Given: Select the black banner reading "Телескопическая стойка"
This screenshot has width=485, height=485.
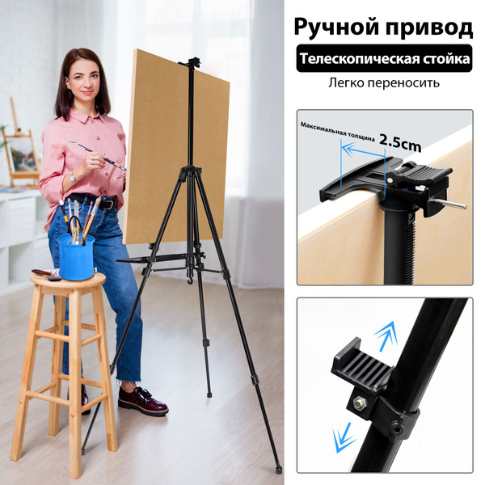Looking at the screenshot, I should click(384, 60).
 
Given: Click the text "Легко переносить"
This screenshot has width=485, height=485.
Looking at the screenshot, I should click(384, 83).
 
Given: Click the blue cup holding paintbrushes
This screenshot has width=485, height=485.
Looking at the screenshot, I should click(76, 256).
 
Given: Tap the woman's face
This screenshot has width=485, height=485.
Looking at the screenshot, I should click(82, 82).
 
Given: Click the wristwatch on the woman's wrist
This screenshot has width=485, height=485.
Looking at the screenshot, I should click(72, 175).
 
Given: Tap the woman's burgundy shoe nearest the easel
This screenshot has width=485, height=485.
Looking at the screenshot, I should click(142, 399).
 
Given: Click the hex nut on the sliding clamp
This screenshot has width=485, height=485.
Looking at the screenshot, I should click(359, 402).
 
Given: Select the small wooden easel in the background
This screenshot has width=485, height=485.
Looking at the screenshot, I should click(21, 150).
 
